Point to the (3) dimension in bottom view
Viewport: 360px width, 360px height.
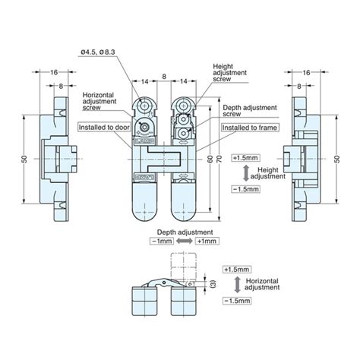(x=213, y=283)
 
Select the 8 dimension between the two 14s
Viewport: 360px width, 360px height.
(x=163, y=77)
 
